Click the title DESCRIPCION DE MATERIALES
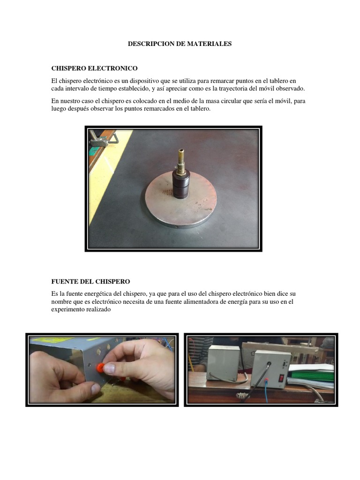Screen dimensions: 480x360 (180, 44)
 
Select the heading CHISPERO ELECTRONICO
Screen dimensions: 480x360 (94, 68)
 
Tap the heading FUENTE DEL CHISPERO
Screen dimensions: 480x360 (90, 281)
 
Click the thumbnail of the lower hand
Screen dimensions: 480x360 (96, 389)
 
